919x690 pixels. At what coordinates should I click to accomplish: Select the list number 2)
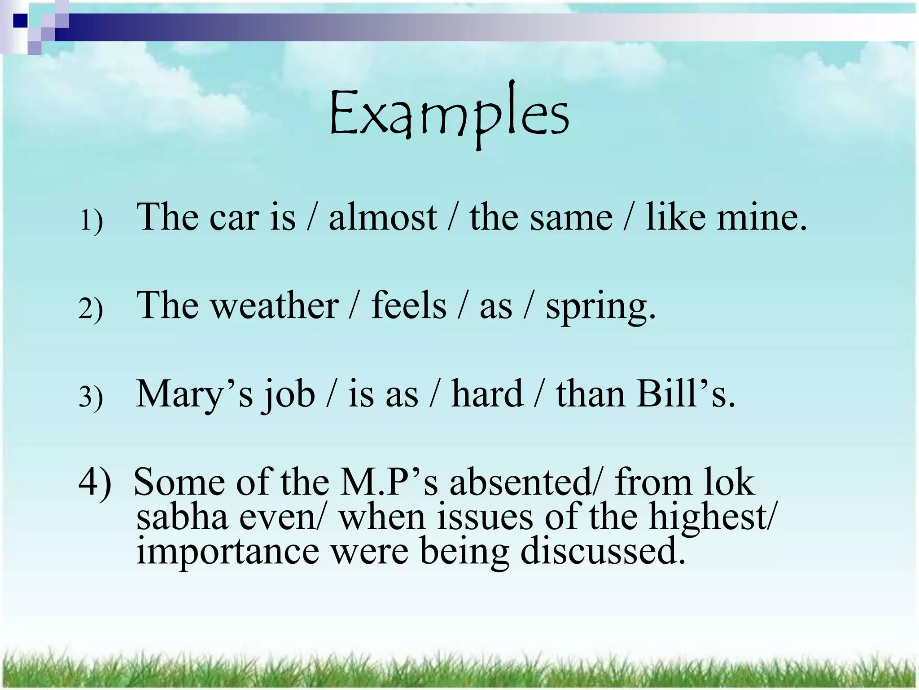[91, 309]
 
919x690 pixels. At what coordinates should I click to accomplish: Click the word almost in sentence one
[382, 217]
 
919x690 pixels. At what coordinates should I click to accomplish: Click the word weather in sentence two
[275, 305]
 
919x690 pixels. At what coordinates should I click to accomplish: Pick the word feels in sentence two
[408, 305]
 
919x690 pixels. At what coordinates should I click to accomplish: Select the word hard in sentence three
[487, 394]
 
